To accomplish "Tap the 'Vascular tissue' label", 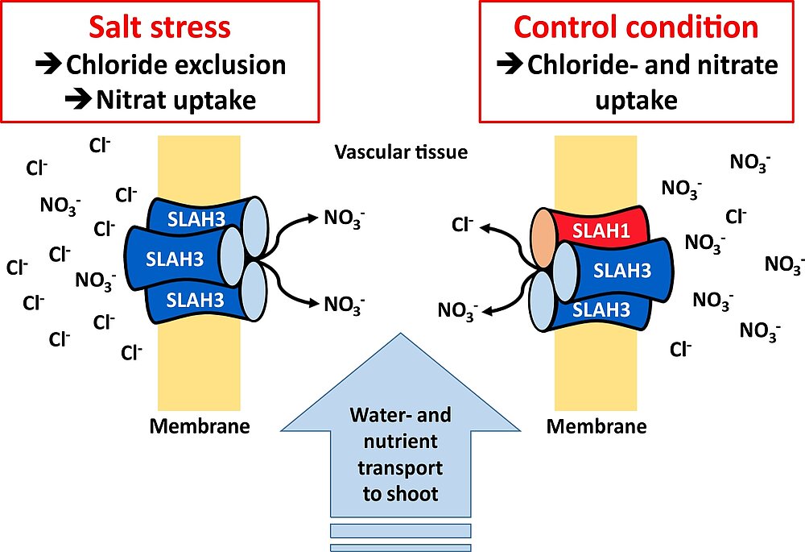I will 401,152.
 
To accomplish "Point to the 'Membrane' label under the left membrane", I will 199,426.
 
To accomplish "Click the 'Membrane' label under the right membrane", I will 597,426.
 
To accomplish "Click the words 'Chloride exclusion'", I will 175,64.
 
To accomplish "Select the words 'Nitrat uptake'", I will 175,100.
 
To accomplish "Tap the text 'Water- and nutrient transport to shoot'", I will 400,454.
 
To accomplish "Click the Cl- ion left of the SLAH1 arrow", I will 463,225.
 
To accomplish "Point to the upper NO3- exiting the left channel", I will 344,218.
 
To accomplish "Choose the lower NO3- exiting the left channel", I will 344,305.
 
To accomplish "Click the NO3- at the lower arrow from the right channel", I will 458,309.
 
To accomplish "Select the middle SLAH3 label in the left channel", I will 175,258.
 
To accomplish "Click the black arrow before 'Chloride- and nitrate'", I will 510,64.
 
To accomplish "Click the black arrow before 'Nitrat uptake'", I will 79,100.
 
